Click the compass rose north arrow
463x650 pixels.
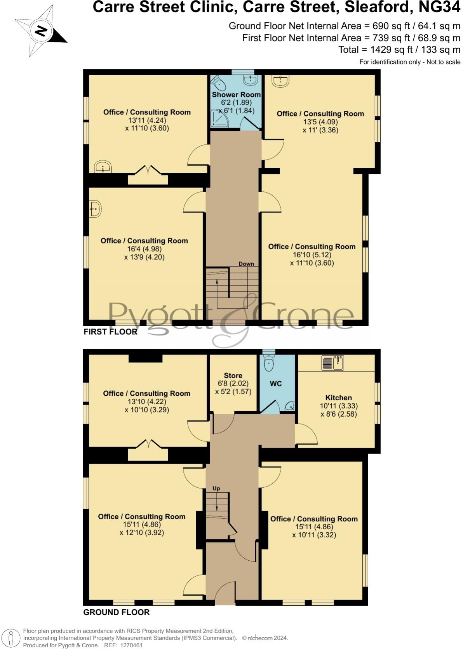(40, 31)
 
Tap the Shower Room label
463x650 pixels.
(236, 94)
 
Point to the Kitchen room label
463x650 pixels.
(338, 398)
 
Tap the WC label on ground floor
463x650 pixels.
(276, 384)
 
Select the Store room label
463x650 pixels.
(233, 375)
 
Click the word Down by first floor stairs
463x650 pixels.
(246, 264)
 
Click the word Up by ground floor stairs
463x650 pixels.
(216, 488)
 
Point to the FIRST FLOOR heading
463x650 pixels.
(110, 332)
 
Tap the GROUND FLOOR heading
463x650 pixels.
(117, 612)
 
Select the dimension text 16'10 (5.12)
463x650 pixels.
(312, 255)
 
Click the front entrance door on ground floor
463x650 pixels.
(225, 594)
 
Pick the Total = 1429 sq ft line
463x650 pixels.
(399, 50)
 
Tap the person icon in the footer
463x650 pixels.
(11, 638)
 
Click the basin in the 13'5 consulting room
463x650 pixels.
(280, 81)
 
